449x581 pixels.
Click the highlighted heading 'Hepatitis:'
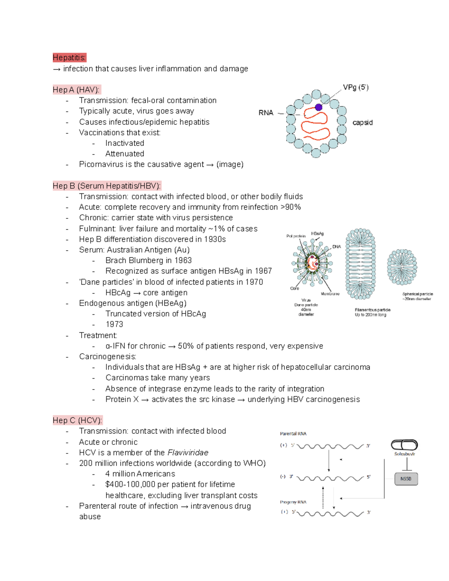[69, 58]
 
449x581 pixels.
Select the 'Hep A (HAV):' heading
[76, 90]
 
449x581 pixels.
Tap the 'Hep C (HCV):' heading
[77, 421]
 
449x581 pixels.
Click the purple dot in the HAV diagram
[318, 107]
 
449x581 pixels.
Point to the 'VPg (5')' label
[355, 88]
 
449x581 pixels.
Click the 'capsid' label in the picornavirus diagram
[362, 123]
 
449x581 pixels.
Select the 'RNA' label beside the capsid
[266, 113]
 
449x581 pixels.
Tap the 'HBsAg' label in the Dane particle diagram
[317, 233]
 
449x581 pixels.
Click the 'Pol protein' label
[296, 236]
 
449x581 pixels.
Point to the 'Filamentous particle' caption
[372, 310]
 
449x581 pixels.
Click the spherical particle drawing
[402, 267]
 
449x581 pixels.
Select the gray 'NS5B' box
[406, 479]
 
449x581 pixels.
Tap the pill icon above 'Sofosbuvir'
[404, 445]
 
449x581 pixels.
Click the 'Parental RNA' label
[293, 434]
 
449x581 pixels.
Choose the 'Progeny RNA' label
[293, 502]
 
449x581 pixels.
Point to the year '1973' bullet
[114, 324]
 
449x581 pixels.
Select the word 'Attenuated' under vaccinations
[125, 154]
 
